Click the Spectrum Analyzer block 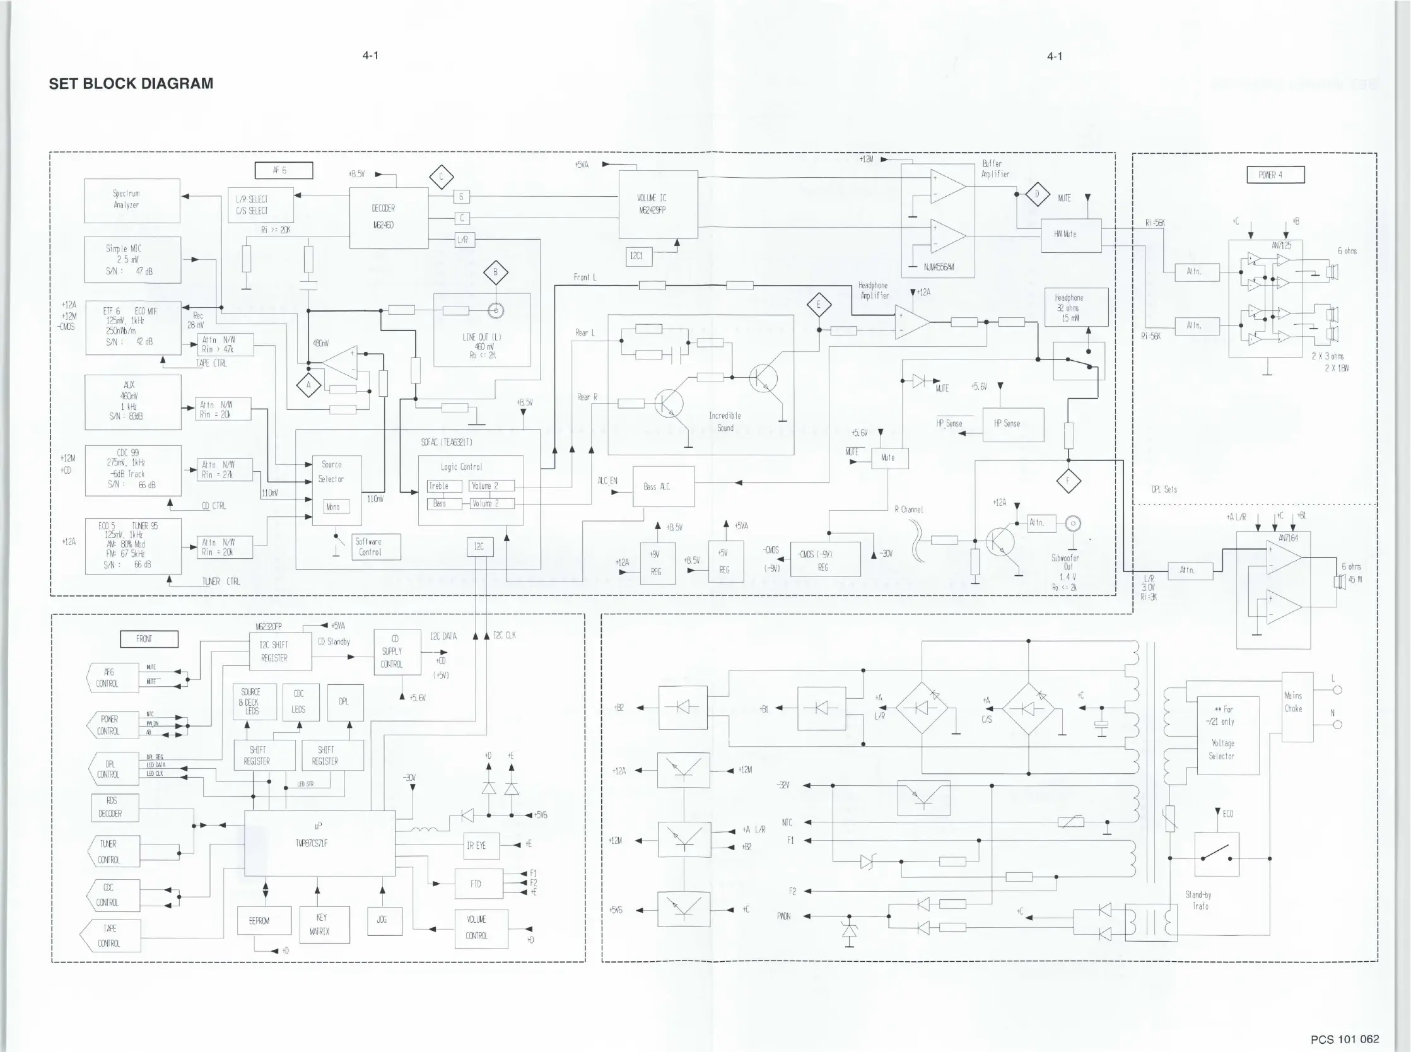pos(132,201)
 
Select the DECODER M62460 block pos(389,218)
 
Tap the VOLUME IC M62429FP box pos(658,204)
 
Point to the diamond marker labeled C pos(441,177)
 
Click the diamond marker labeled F pos(1068,481)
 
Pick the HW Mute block pos(1070,235)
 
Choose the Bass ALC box pos(663,487)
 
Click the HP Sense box pos(1013,424)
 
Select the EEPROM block pos(264,921)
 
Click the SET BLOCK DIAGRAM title pos(131,83)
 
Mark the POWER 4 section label pos(1275,175)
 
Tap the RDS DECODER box pos(115,807)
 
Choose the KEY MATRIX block pos(324,924)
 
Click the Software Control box pos(376,547)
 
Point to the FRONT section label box pos(149,639)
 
